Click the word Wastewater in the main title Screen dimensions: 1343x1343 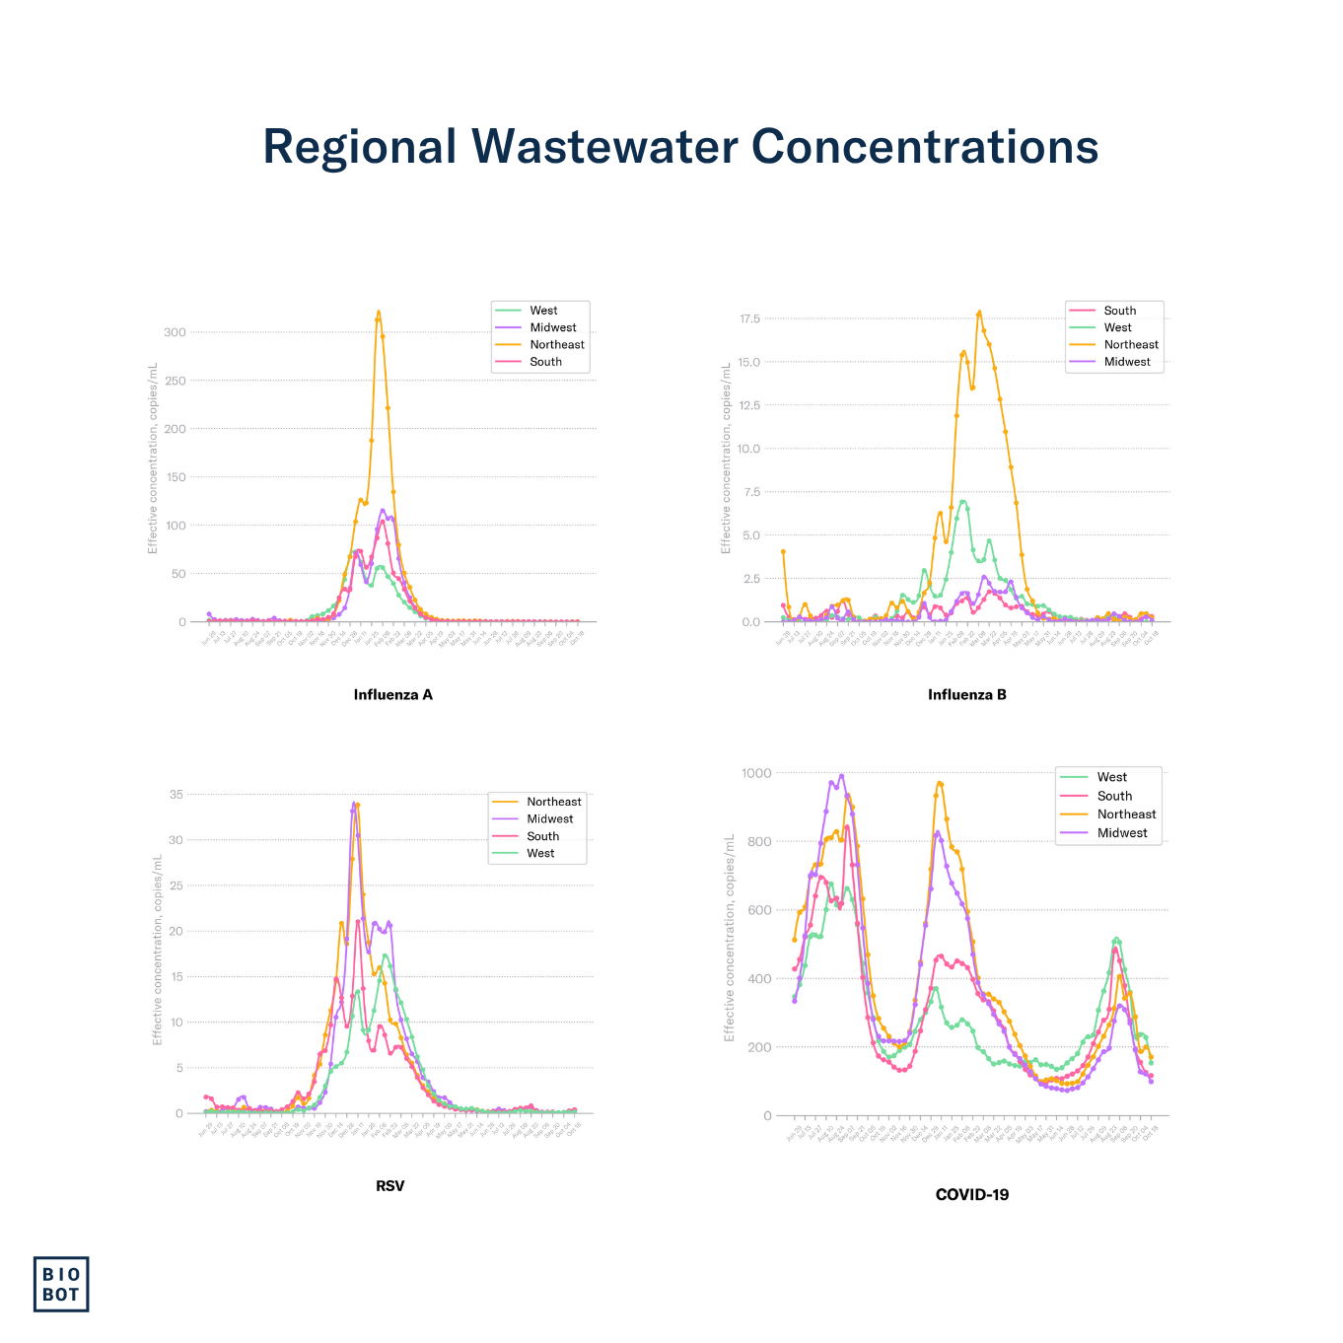click(604, 146)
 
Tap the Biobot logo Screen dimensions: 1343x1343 click(61, 1284)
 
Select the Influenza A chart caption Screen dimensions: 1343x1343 click(392, 694)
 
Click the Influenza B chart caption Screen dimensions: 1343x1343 click(966, 694)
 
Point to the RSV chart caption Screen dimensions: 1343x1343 click(389, 1185)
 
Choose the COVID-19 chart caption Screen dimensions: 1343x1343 click(971, 1194)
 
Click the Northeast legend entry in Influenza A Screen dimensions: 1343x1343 click(556, 344)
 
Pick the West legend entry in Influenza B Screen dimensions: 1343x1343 click(1117, 327)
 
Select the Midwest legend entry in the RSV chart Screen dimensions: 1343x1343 click(549, 818)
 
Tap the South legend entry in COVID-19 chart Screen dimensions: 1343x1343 click(1114, 796)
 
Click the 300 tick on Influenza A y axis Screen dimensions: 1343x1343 click(175, 332)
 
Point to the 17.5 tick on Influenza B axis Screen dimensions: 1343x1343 click(749, 318)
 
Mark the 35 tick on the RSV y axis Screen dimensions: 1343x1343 click(177, 794)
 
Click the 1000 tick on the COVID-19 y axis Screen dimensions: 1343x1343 click(756, 773)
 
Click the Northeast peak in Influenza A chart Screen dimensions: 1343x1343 click(378, 313)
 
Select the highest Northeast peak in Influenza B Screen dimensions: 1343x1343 click(979, 313)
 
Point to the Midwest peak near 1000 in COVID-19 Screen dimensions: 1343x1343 click(841, 776)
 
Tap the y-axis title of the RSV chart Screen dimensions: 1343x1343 click(157, 949)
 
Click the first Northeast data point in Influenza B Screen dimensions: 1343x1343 click(783, 551)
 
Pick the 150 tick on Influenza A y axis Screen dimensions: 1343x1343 click(175, 477)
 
